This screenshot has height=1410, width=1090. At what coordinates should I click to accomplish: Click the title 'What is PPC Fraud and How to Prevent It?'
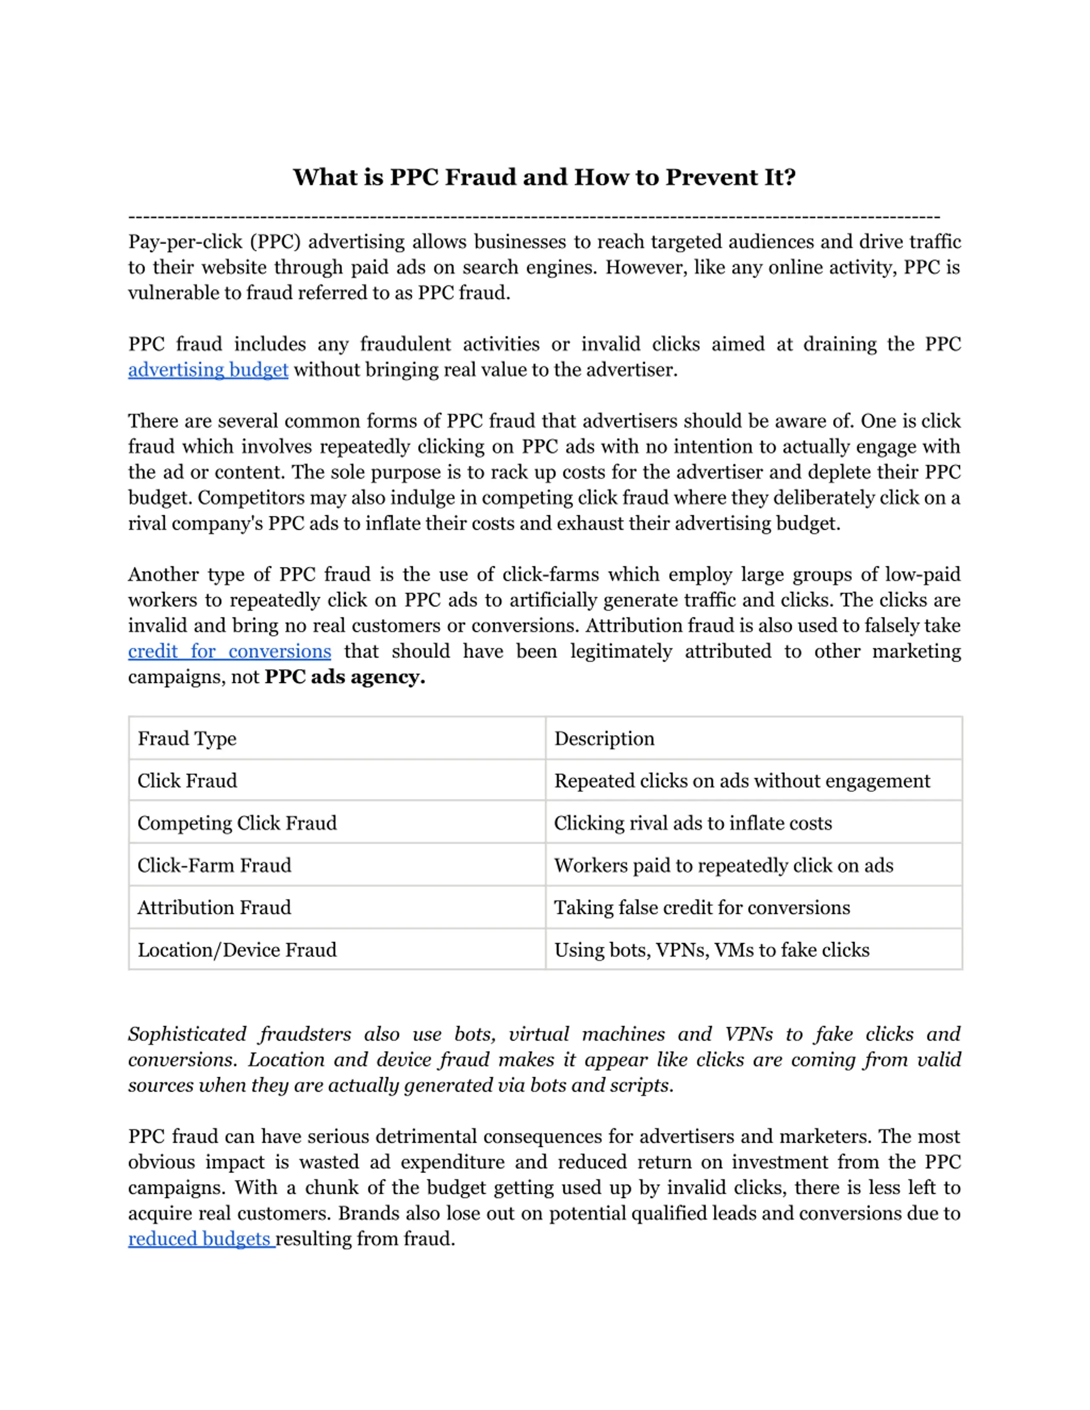click(x=544, y=177)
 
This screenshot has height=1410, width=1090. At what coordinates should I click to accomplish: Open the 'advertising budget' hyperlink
click(x=208, y=370)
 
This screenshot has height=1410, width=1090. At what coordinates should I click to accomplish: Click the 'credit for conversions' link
click(x=229, y=652)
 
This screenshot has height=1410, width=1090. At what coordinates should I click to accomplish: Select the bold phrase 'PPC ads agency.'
click(x=345, y=677)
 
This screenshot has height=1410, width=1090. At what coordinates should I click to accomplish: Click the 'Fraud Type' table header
click(x=187, y=738)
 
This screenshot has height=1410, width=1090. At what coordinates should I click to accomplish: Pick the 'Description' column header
click(x=605, y=738)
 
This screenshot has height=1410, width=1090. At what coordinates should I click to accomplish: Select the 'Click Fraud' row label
click(x=187, y=781)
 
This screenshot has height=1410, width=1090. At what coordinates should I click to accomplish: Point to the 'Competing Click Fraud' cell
click(x=237, y=823)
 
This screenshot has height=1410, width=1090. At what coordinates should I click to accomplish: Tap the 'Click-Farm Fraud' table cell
click(x=215, y=866)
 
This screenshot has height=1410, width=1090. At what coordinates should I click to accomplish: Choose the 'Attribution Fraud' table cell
click(x=215, y=908)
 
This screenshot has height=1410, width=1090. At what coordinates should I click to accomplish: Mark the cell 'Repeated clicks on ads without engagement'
click(x=742, y=781)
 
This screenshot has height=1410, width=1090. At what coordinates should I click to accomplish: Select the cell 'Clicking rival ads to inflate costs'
click(x=693, y=823)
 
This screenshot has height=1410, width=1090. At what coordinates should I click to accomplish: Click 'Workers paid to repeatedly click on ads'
click(x=724, y=866)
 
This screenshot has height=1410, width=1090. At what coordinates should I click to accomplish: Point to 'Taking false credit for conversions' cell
click(x=702, y=908)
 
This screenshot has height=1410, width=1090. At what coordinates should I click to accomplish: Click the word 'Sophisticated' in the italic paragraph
click(x=187, y=1034)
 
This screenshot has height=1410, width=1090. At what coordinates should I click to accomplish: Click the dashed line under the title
click(x=534, y=217)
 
